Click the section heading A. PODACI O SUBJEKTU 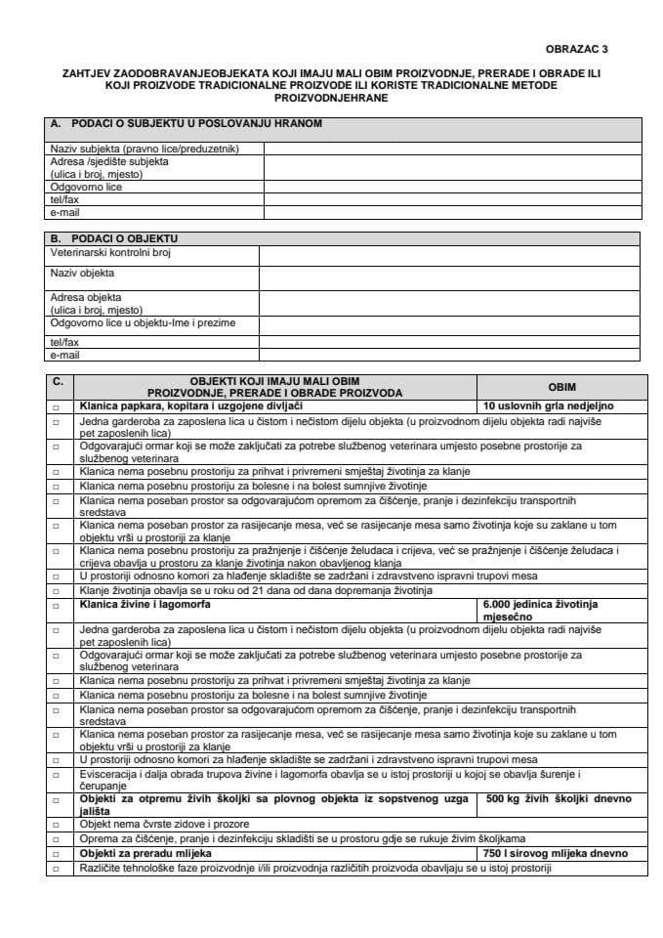pyautogui.click(x=186, y=124)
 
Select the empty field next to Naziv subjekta pyautogui.click(x=452, y=149)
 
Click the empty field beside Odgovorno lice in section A pyautogui.click(x=452, y=187)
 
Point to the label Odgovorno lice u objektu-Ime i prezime pyautogui.click(x=143, y=322)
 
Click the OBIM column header pyautogui.click(x=562, y=387)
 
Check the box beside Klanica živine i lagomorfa pyautogui.click(x=57, y=605)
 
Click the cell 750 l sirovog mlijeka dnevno pyautogui.click(x=557, y=853)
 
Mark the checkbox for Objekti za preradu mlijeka pyautogui.click(x=57, y=853)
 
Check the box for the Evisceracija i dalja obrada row pyautogui.click(x=57, y=779)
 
